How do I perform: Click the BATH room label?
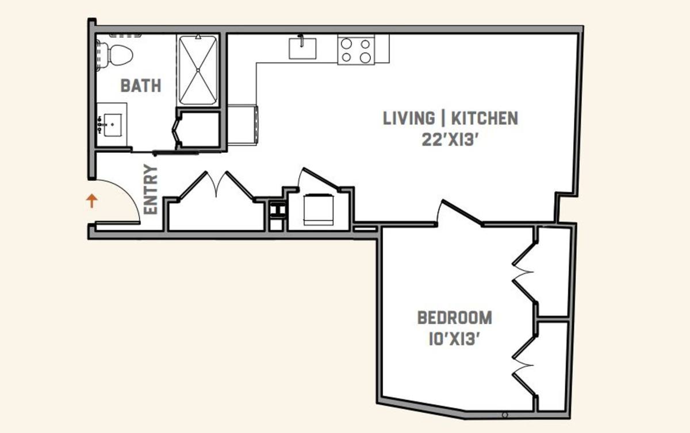tap(141, 86)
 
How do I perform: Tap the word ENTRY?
tap(151, 190)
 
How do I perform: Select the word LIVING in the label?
tap(409, 118)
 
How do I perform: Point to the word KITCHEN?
tap(485, 118)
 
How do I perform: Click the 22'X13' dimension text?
tap(450, 140)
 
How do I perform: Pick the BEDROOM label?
tap(455, 318)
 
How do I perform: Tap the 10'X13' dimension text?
tap(455, 339)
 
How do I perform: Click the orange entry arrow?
tap(91, 201)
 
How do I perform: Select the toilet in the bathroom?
tap(116, 55)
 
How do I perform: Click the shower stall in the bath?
tap(198, 71)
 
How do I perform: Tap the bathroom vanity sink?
tap(113, 125)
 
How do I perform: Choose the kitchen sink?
tap(302, 48)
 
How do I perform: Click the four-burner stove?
tap(356, 50)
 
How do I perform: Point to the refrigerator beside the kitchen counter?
tap(243, 125)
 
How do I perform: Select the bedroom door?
tap(460, 212)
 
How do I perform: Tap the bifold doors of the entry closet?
tap(216, 185)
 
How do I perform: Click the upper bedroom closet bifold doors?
tap(524, 272)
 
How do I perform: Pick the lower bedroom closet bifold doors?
tap(524, 366)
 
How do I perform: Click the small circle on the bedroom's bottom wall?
tap(505, 415)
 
